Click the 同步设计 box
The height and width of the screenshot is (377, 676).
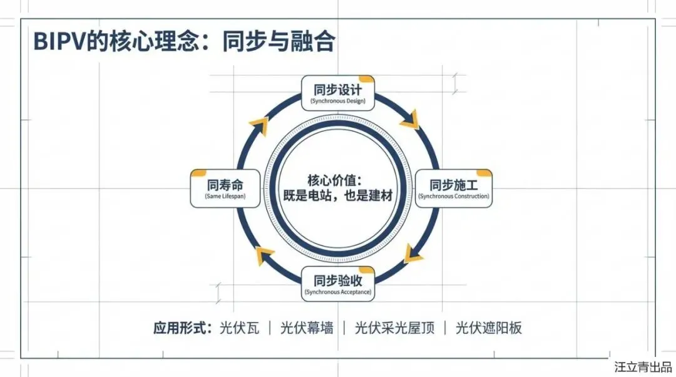[338, 92]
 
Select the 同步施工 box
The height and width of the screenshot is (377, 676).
[454, 188]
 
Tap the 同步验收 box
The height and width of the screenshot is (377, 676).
[338, 283]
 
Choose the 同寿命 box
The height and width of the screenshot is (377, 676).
[225, 188]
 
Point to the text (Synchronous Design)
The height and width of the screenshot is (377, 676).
[338, 101]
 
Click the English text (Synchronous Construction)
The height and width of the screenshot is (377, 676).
[454, 197]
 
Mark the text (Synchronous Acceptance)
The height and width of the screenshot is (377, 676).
[338, 292]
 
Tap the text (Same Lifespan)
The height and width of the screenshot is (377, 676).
[225, 197]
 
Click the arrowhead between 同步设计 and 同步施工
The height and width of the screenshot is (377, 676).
[411, 120]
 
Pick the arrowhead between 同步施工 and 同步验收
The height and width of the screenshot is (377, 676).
[413, 254]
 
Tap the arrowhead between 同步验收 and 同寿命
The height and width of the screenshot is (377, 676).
[264, 255]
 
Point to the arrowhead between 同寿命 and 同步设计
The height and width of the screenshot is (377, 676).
[262, 125]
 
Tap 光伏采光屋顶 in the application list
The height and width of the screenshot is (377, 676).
[394, 328]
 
